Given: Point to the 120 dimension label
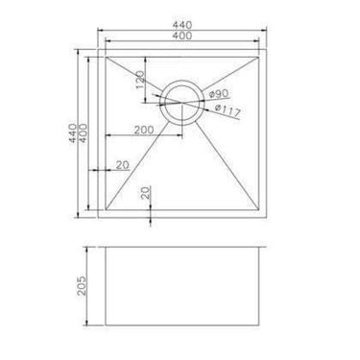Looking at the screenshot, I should point(140,82).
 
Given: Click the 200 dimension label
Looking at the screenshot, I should point(143,128).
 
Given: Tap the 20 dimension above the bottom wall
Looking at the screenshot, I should point(144,192).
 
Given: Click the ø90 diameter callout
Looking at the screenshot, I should point(218,93).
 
